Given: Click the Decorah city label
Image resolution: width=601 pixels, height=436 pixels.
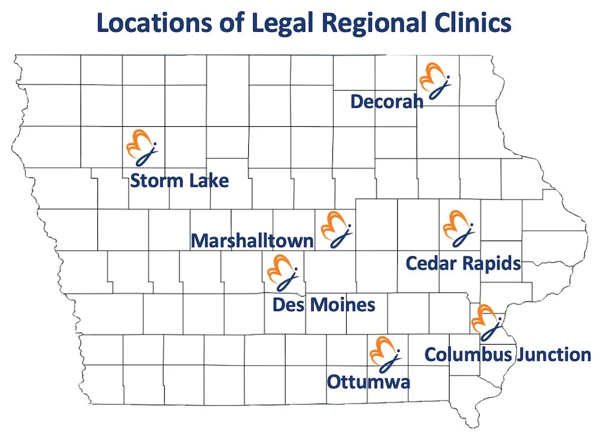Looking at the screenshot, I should pyautogui.click(x=386, y=102).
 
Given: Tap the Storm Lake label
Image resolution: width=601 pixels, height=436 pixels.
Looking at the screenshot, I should pyautogui.click(x=179, y=180).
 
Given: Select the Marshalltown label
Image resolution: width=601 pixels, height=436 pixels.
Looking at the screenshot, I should pyautogui.click(x=252, y=241).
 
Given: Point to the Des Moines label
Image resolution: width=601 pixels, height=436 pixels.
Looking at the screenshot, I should pyautogui.click(x=323, y=304).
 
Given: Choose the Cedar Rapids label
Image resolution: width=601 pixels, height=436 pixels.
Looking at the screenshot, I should pyautogui.click(x=463, y=263).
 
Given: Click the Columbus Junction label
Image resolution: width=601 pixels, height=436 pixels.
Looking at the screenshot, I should pyautogui.click(x=507, y=354).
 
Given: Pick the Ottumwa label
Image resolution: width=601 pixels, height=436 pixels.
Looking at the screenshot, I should pyautogui.click(x=368, y=381).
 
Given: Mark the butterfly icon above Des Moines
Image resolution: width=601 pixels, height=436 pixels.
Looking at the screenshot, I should pyautogui.click(x=283, y=272).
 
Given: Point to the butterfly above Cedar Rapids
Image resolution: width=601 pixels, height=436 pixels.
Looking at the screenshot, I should pyautogui.click(x=459, y=227).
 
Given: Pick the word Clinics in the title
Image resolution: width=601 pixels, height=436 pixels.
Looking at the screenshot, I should pyautogui.click(x=472, y=24).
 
